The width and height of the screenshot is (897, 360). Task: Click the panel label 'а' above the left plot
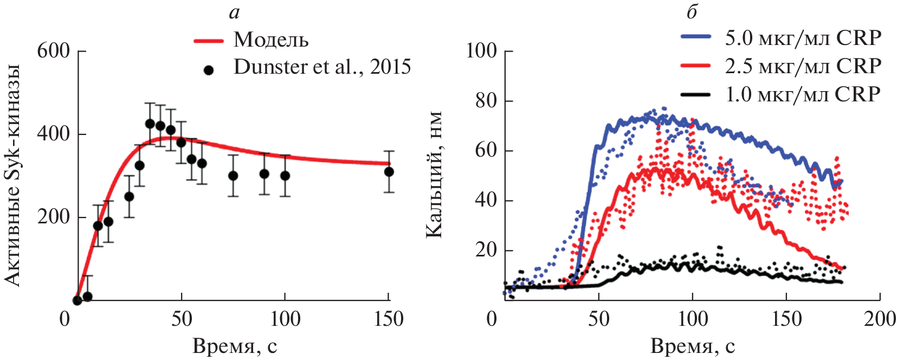click(234, 12)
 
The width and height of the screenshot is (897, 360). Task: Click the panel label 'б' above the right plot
click(692, 11)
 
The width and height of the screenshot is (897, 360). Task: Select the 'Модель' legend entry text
click(271, 40)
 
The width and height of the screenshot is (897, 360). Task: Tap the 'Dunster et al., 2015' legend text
click(322, 67)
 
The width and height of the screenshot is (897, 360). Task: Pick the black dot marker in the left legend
click(208, 70)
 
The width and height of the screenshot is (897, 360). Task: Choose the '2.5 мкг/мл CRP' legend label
click(803, 66)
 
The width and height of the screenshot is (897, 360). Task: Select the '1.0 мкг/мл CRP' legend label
click(803, 94)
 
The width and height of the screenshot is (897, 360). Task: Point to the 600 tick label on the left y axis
click(54, 51)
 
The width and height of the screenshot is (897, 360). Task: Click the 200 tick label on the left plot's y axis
click(54, 217)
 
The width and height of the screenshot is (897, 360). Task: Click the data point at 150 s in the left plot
click(389, 172)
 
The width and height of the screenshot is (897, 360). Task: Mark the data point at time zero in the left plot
click(78, 300)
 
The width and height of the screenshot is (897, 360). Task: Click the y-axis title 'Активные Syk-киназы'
click(12, 175)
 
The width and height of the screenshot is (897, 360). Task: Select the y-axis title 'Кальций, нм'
click(434, 175)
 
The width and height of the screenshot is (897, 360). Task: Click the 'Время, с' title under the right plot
click(692, 346)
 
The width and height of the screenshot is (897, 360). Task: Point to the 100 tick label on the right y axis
click(482, 51)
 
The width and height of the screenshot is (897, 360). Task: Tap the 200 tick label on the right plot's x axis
click(880, 319)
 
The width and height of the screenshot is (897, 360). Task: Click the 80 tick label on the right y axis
click(486, 101)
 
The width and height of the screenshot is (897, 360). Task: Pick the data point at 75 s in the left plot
click(233, 176)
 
